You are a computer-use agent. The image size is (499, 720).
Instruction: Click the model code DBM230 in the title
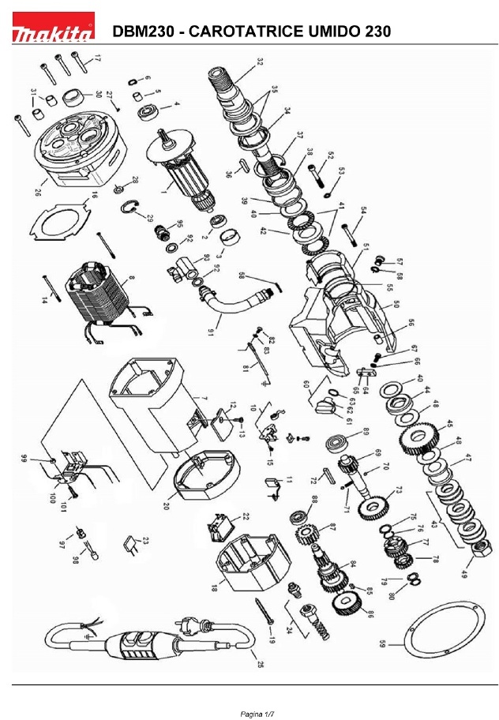140,32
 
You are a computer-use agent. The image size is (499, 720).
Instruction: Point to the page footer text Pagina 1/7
257,714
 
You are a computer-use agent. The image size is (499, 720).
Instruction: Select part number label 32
261,60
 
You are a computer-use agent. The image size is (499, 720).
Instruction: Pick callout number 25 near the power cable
261,664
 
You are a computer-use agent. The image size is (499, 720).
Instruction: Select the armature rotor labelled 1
182,170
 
